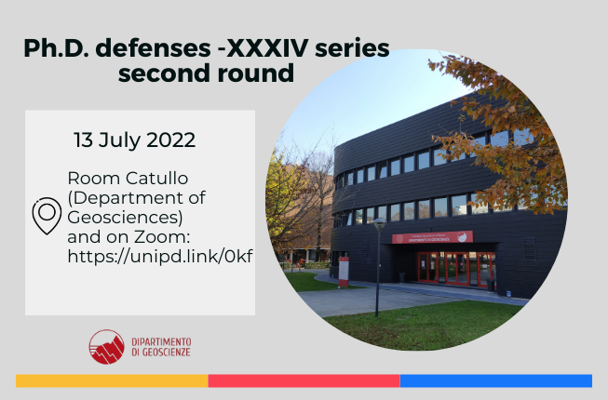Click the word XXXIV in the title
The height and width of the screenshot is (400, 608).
pos(267,48)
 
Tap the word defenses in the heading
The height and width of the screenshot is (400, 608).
pos(153,48)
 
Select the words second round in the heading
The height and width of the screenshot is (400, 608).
pos(207,73)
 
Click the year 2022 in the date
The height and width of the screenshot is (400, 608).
pos(171,140)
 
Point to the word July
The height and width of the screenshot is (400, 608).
pos(119,141)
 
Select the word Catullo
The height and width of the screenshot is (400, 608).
pos(157,179)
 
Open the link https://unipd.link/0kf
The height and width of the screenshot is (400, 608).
pos(160,257)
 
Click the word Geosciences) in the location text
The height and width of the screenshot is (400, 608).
pos(125,218)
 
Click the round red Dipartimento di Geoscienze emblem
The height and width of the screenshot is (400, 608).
pos(107,347)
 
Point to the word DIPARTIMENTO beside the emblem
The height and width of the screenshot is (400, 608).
pos(161,342)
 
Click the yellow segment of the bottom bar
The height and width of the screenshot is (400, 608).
pos(112,380)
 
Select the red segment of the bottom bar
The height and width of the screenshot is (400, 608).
pos(304,380)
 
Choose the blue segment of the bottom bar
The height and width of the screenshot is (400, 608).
pos(496,380)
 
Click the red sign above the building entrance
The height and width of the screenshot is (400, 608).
pos(432,237)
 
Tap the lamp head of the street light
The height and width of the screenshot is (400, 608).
pos(379,225)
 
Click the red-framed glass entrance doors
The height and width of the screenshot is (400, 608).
pos(456,269)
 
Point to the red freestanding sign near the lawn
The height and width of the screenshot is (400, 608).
pos(344,272)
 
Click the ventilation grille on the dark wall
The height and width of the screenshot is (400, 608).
pos(530,248)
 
